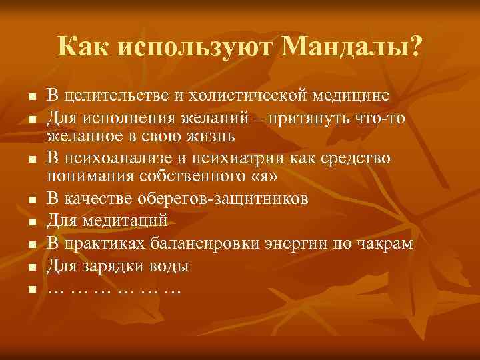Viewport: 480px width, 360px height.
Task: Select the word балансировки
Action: pyautogui.click(x=196, y=243)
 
